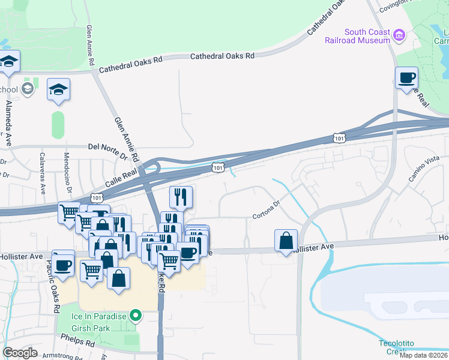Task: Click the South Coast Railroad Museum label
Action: point(366,36)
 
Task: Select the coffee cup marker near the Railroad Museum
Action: point(406,78)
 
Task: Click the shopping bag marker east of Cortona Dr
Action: point(286,241)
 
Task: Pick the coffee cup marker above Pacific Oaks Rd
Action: point(63,264)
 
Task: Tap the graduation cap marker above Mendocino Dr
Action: point(58,90)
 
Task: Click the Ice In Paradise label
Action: point(101,316)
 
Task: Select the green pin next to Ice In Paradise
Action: point(137,315)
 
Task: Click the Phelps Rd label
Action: point(82,344)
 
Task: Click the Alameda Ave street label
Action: point(8,124)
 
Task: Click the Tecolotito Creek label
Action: point(396,347)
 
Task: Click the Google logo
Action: point(20,352)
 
